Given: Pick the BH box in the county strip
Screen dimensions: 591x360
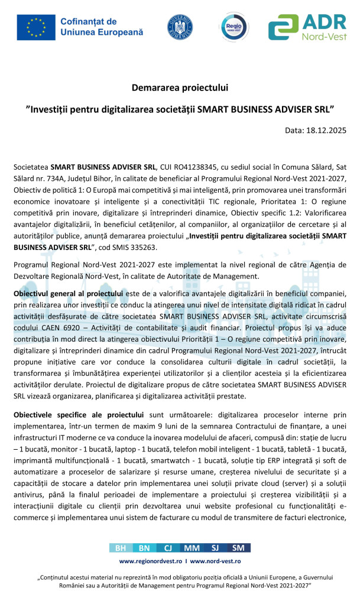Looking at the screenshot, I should (121, 548).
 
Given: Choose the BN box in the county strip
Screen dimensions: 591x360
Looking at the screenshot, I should (144, 548).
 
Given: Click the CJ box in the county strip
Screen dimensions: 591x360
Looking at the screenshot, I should (168, 548).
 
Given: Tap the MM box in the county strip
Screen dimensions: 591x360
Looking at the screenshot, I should (192, 548).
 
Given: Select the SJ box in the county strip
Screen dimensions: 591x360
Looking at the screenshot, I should (215, 548).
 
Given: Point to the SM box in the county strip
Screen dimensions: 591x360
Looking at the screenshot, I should (239, 548).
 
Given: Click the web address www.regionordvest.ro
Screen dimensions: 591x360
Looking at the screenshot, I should (151, 561).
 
